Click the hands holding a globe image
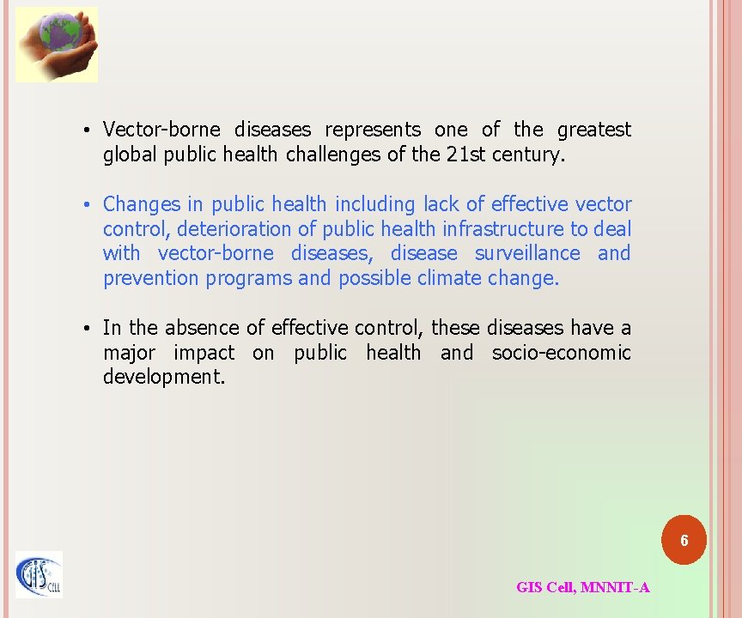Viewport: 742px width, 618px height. click(57, 44)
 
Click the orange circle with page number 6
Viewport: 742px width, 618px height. click(684, 541)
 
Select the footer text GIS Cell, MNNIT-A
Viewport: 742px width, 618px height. click(582, 588)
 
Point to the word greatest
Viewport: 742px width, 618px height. click(593, 130)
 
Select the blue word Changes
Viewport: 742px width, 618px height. click(142, 204)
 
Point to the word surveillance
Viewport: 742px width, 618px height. click(527, 253)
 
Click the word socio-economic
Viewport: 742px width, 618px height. click(561, 353)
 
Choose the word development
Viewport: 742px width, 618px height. click(163, 378)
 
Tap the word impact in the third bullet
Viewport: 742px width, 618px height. click(204, 353)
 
